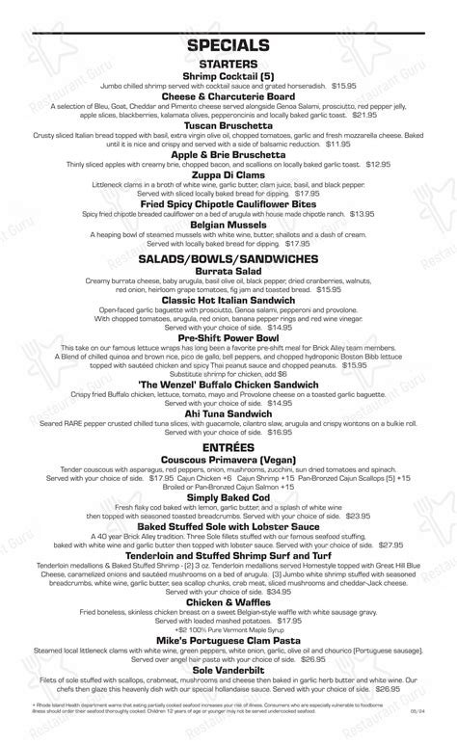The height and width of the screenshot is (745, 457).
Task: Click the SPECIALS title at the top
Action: pyautogui.click(x=228, y=45)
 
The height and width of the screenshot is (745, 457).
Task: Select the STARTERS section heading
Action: pyautogui.click(x=228, y=64)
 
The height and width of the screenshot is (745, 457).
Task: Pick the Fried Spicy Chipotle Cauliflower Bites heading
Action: pyautogui.click(x=228, y=203)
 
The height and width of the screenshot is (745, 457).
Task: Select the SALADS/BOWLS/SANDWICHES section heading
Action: pyautogui.click(x=228, y=259)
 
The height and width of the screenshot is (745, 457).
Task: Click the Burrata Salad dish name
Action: pyautogui.click(x=228, y=273)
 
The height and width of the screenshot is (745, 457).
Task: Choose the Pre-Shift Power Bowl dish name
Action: pyautogui.click(x=228, y=337)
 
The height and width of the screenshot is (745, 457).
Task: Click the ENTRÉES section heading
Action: pyautogui.click(x=228, y=449)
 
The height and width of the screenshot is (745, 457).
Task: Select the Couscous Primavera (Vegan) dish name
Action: pyautogui.click(x=228, y=463)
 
